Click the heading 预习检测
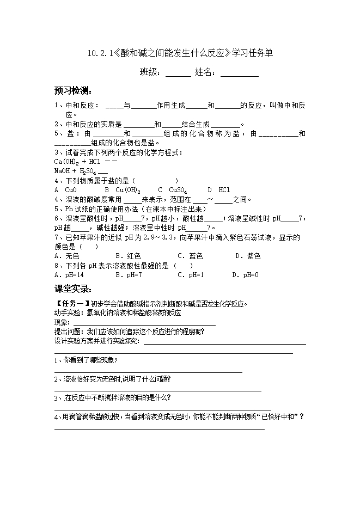point(73,91)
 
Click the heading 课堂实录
point(73,289)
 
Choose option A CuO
point(66,190)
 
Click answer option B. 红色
point(128,256)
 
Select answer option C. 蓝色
point(190,256)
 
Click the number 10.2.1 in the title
point(99,53)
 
